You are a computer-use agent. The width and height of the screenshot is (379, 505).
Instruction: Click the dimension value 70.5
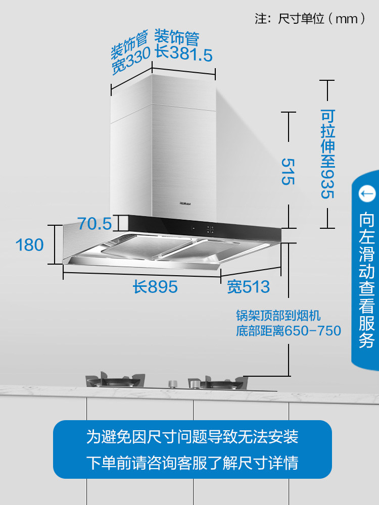[x=94, y=223]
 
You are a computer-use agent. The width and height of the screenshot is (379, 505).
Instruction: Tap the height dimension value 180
[x=30, y=245]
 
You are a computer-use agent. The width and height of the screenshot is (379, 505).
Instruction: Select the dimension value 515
[x=288, y=172]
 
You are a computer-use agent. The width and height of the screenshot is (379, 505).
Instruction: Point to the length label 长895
[x=155, y=287]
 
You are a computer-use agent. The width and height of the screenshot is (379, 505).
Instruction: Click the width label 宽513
[x=248, y=287]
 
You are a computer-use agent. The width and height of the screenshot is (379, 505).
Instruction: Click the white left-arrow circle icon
[x=367, y=193]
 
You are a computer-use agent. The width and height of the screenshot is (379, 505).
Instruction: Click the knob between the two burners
[x=173, y=382]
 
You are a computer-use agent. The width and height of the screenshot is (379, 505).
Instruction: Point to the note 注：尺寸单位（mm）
[x=310, y=19]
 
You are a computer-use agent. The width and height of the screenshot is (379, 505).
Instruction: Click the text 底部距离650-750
[x=289, y=331]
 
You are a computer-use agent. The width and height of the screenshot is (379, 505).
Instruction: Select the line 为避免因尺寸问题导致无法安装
[x=192, y=436]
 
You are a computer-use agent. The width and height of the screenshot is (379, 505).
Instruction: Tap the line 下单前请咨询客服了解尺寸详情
[x=192, y=463]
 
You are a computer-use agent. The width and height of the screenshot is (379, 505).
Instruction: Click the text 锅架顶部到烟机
[x=278, y=316]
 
